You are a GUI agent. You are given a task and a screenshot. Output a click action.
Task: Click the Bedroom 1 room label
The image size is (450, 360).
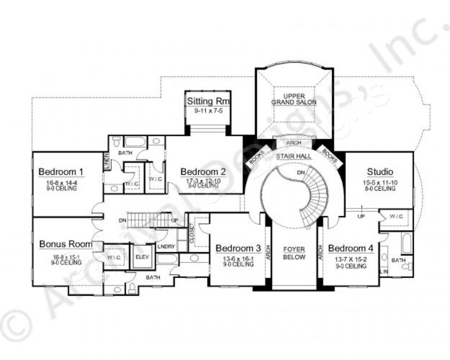click(61, 171)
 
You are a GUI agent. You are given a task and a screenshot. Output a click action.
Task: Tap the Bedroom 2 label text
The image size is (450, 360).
click(203, 171)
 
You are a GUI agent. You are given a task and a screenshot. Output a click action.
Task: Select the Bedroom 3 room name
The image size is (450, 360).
click(238, 248)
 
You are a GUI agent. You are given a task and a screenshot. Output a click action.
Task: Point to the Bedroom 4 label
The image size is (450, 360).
click(351, 248)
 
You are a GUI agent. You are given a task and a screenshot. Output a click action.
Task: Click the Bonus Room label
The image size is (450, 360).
click(66, 244)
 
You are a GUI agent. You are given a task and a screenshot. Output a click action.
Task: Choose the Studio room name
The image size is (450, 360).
click(380, 172)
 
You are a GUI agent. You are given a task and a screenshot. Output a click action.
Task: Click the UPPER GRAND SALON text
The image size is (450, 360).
click(294, 99)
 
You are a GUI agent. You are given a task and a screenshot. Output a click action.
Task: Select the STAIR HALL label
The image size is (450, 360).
click(294, 156)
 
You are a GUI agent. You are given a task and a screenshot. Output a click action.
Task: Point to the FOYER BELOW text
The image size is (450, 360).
click(294, 253)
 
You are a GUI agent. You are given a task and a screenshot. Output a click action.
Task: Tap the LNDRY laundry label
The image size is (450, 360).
click(167, 247)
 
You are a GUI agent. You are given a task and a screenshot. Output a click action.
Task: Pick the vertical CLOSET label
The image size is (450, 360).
click(192, 233)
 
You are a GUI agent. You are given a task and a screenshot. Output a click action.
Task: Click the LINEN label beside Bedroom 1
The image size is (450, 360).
click(106, 161)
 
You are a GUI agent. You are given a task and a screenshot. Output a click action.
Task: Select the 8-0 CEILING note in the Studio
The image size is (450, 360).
click(380, 189)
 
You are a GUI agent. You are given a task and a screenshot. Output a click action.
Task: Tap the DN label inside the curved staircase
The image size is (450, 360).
click(300, 172)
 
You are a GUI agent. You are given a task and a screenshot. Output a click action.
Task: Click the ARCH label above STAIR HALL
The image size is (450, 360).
click(294, 143)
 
